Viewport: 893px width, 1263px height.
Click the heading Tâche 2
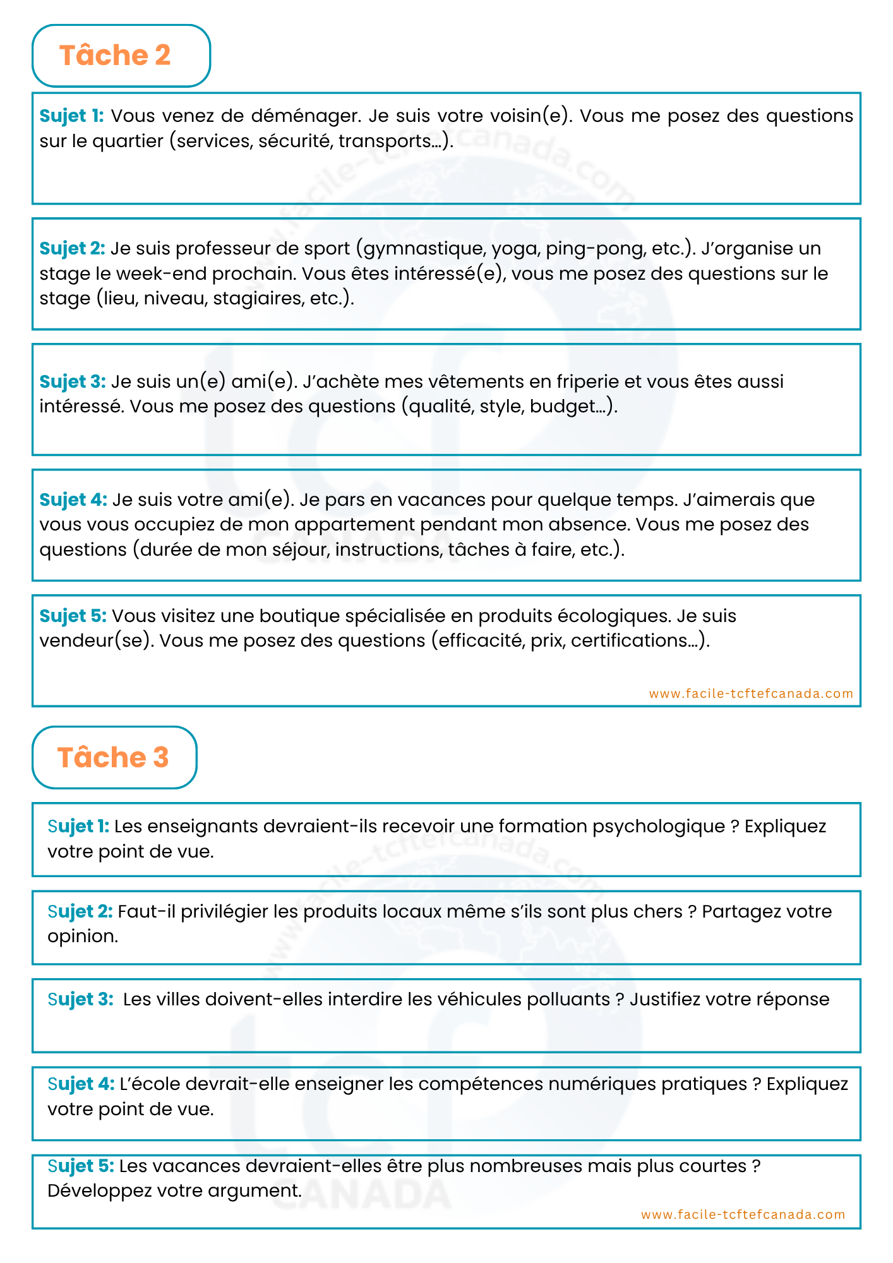pos(115,56)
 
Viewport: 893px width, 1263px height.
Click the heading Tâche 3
pos(113,757)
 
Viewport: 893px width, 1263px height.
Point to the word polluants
pos(568,1000)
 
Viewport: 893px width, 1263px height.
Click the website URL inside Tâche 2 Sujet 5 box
pos(751,693)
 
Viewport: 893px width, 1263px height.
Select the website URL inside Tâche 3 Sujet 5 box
pos(743,1214)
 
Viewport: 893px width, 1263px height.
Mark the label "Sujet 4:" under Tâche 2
pos(73,500)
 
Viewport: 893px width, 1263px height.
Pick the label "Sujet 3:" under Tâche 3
pos(80,1000)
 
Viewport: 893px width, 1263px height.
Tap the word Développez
pos(100,1191)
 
